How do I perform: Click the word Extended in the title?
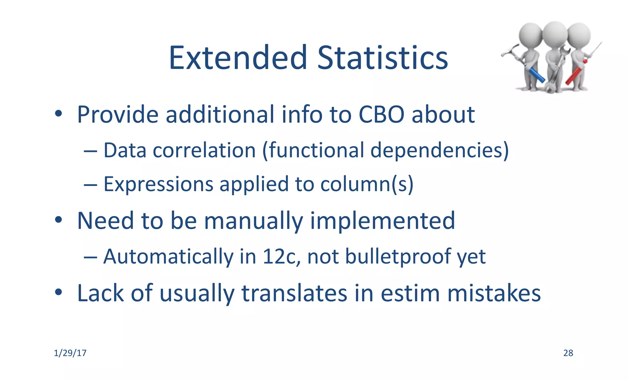pyautogui.click(x=238, y=58)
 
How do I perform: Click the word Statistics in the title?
pyautogui.click(x=382, y=58)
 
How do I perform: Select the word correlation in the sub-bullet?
pyautogui.click(x=204, y=150)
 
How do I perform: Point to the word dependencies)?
pyautogui.click(x=439, y=150)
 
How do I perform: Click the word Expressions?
pyautogui.click(x=158, y=184)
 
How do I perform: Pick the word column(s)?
pyautogui.click(x=367, y=184)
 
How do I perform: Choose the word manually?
pyautogui.click(x=253, y=221)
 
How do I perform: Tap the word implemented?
pyautogui.click(x=382, y=221)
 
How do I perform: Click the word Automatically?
pyautogui.click(x=168, y=257)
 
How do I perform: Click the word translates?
pyautogui.click(x=294, y=293)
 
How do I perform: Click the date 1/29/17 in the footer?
pyautogui.click(x=70, y=353)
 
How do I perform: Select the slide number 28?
pyautogui.click(x=568, y=353)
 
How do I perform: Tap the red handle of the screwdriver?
pyautogui.click(x=574, y=75)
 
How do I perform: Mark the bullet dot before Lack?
pyautogui.click(x=59, y=292)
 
